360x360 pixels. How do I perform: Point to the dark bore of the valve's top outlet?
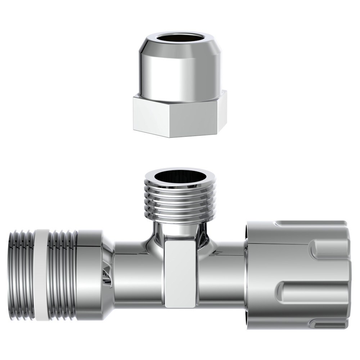180,176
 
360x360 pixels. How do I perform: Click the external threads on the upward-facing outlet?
180,202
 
